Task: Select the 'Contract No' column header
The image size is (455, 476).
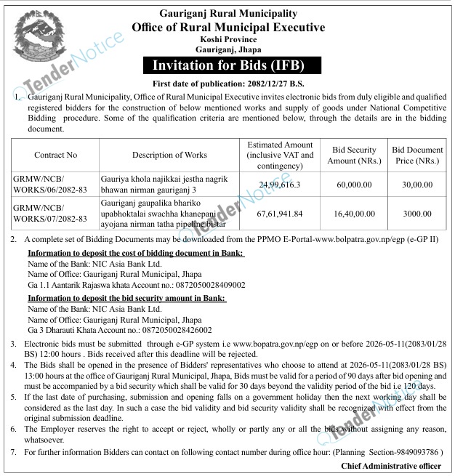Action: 55,155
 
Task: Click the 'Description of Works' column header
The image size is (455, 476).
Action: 169,155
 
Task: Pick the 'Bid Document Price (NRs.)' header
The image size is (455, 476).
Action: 417,155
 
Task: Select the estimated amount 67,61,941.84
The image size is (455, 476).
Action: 280,212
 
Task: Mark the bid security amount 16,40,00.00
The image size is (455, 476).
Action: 352,212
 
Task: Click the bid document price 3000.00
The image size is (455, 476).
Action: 417,212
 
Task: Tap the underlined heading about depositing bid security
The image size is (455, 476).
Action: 126,298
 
